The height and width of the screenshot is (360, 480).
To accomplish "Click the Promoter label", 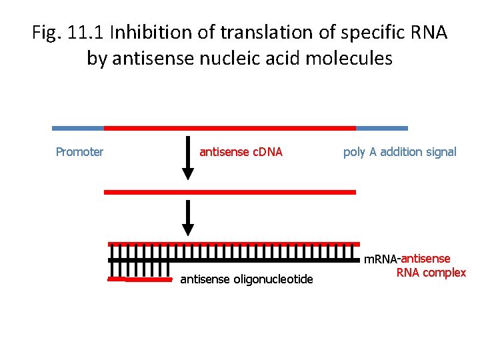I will click(79, 152).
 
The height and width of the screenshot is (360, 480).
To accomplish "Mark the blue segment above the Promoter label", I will click(78, 128).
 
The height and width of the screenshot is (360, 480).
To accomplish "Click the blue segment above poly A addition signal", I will click(381, 128).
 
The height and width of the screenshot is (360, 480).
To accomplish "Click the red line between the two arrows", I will click(230, 192).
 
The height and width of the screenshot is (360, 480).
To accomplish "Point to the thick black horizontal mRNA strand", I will click(233, 261).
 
